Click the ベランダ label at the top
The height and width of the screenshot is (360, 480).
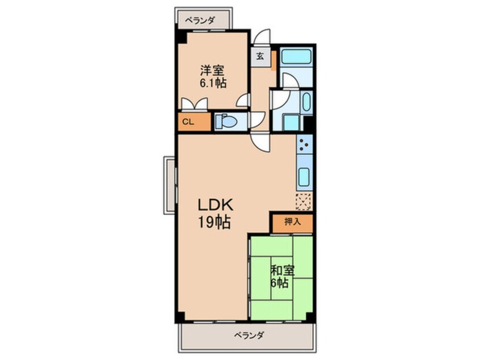coord(200,20)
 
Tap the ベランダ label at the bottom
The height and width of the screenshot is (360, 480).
coord(249,335)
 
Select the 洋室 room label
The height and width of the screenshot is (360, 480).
coord(212,70)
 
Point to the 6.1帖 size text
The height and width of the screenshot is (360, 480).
coord(213,83)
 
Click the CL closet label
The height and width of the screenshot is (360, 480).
coord(188,122)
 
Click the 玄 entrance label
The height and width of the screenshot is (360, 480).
coord(260,56)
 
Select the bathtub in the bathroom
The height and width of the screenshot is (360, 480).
coord(296,56)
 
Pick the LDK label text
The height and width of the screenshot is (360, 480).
coord(216,205)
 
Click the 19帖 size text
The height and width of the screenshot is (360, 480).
coord(214,222)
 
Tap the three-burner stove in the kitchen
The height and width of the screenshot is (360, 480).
coord(304,144)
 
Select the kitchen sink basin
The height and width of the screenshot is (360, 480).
coord(304,177)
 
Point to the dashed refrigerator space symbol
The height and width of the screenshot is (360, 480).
coord(304,202)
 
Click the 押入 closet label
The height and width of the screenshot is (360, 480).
coord(293,222)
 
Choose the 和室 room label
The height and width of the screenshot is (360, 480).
coord(283,270)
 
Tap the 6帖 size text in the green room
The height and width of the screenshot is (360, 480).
coord(279,283)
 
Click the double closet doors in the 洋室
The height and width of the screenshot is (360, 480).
coord(195,104)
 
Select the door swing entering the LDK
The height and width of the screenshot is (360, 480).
coord(260,143)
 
